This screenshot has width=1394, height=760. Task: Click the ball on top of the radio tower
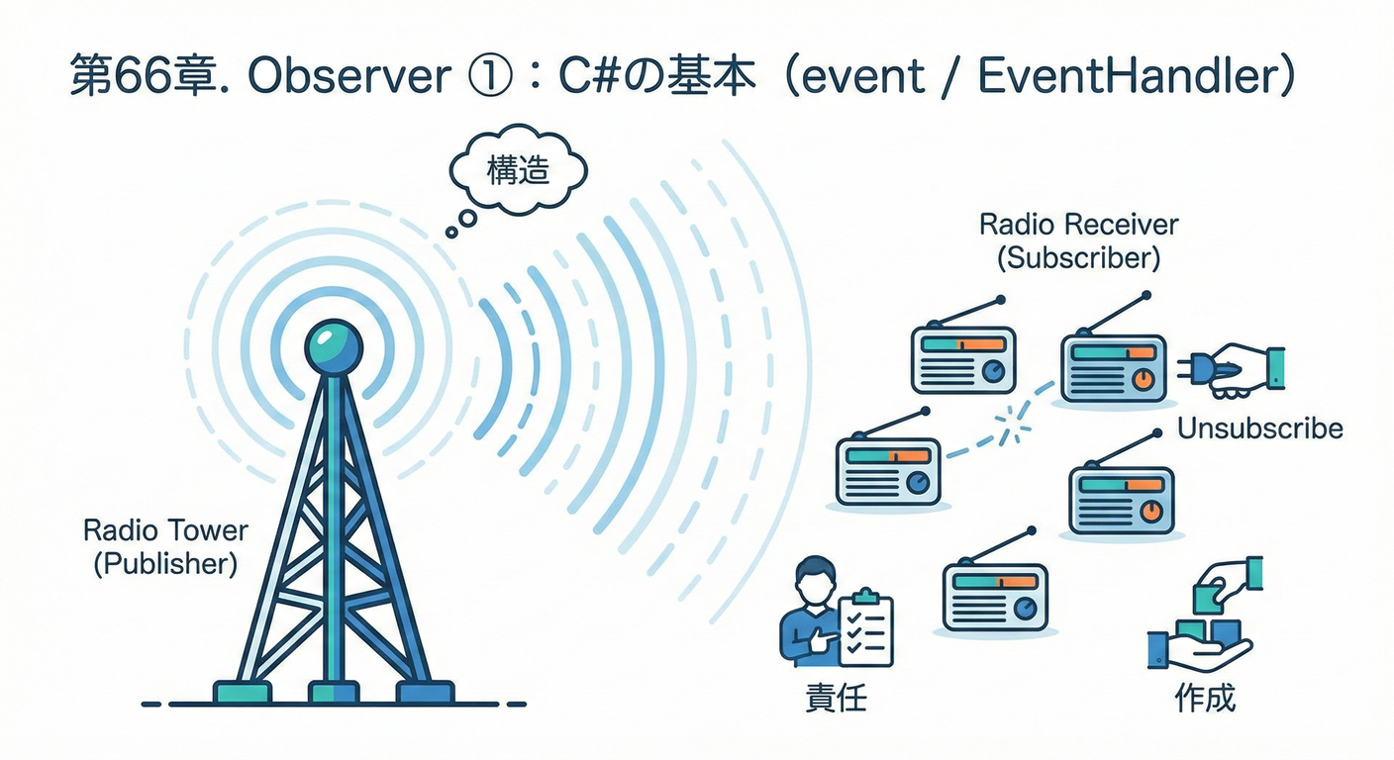[x=333, y=346]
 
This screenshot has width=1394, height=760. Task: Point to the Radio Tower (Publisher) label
[x=165, y=546]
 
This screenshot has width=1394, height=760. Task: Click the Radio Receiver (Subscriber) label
[x=1078, y=240]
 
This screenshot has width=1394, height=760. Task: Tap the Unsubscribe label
[x=1259, y=428]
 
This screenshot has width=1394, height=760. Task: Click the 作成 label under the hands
[x=1204, y=699]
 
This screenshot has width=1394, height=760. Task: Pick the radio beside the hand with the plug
[x=1113, y=365]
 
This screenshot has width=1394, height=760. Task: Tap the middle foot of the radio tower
[x=333, y=690]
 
